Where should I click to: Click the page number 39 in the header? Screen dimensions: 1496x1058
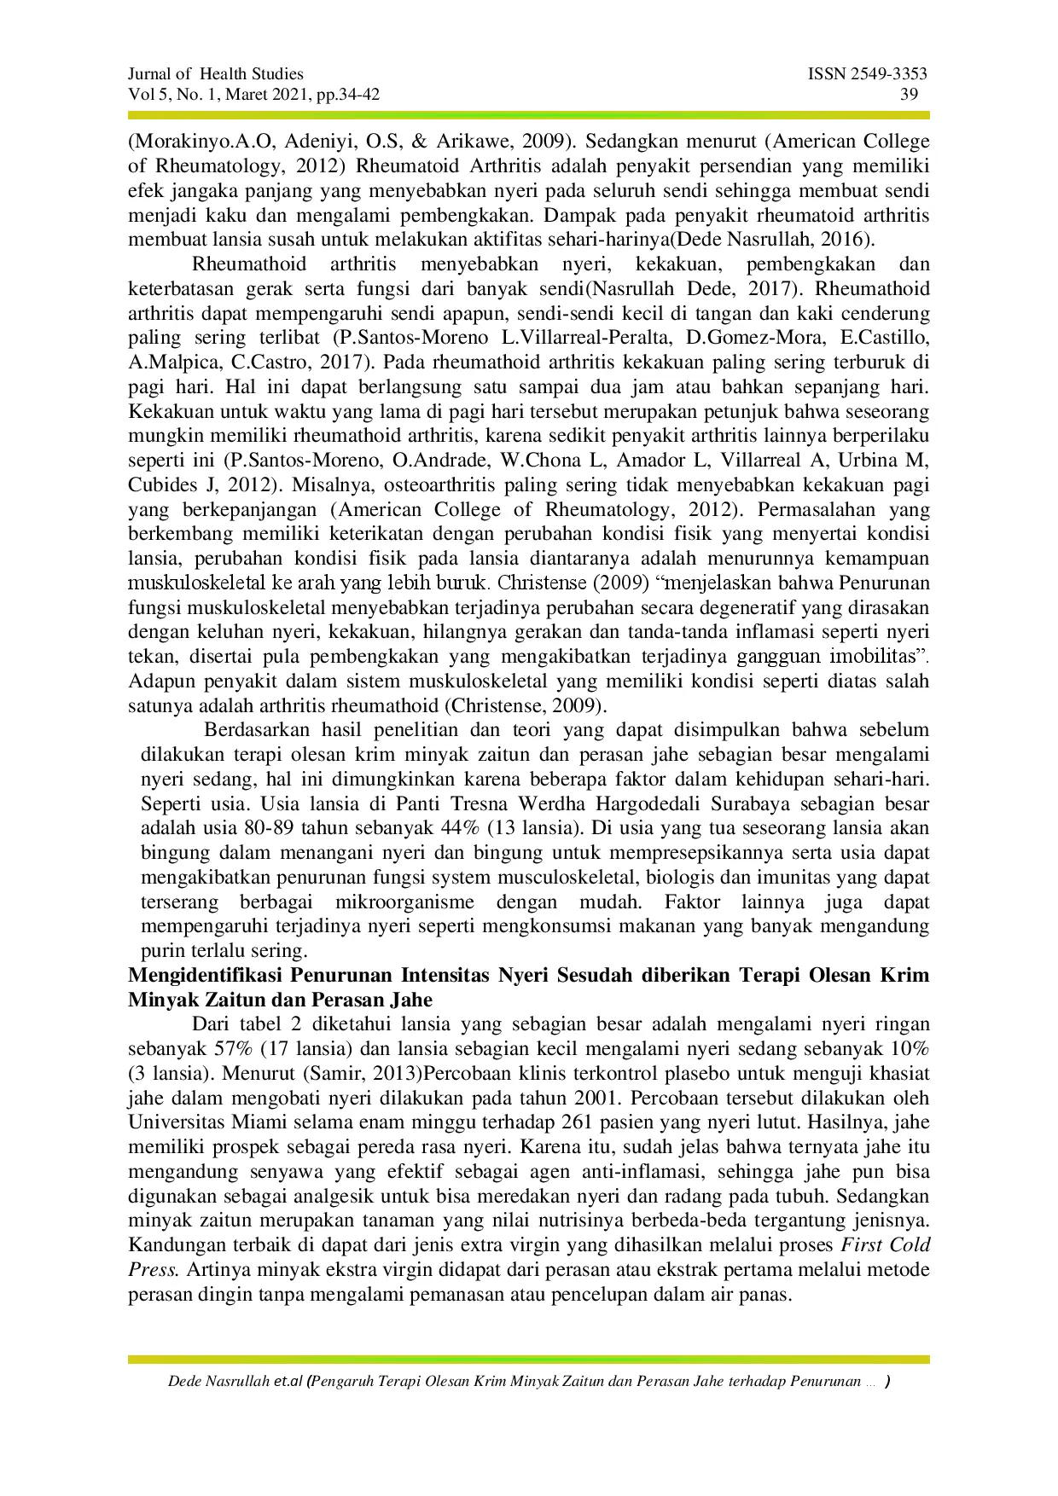pyautogui.click(x=910, y=95)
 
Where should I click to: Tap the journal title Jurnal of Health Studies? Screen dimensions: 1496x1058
pyautogui.click(x=215, y=74)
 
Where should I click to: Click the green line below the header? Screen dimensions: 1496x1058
pyautogui.click(x=529, y=114)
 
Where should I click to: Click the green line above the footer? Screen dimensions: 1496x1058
pyautogui.click(x=529, y=1359)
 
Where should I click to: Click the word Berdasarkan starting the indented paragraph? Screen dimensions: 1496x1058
pyautogui.click(x=259, y=731)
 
